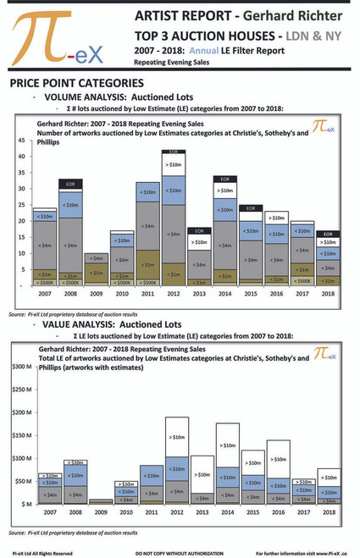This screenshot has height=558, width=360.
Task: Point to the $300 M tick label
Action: (19, 367)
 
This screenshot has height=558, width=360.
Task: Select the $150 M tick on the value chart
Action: (19, 436)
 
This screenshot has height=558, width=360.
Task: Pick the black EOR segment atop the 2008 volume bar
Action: (72, 184)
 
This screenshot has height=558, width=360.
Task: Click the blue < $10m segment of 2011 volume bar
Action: (147, 193)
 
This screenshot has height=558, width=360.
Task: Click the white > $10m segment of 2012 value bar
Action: (175, 438)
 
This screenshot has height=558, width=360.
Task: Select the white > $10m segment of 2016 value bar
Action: (276, 459)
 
